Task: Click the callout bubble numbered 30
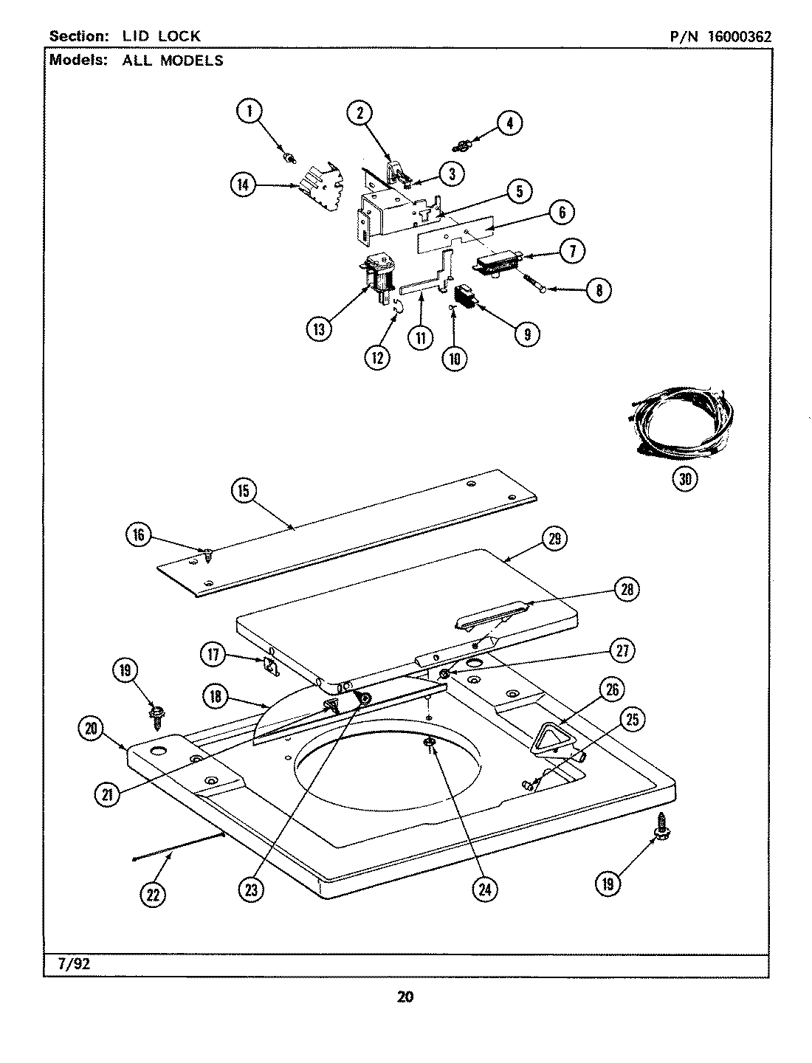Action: (x=686, y=478)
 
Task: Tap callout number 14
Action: (x=243, y=185)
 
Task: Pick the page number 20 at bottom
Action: (x=405, y=997)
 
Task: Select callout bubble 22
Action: (x=153, y=895)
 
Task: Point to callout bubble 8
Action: (x=598, y=291)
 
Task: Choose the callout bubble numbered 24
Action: (x=484, y=890)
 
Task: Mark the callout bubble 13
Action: (x=319, y=329)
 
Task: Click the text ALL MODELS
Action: (x=173, y=61)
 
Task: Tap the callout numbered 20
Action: (x=90, y=728)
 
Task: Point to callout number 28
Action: (x=626, y=589)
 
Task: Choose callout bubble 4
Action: (x=509, y=123)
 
